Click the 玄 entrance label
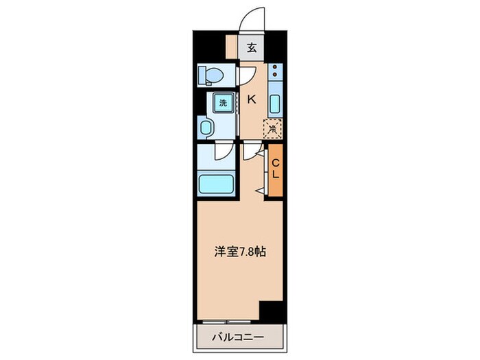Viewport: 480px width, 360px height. [252, 48]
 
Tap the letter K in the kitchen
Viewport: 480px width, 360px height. [251, 99]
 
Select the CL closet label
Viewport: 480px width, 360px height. [275, 169]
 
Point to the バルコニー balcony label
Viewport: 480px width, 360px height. [239, 337]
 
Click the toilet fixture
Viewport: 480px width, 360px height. [210, 74]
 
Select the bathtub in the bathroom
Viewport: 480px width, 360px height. [217, 183]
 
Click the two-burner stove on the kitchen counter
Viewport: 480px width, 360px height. [274, 72]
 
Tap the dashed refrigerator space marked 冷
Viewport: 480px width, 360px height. [272, 127]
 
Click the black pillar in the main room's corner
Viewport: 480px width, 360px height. [272, 311]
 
